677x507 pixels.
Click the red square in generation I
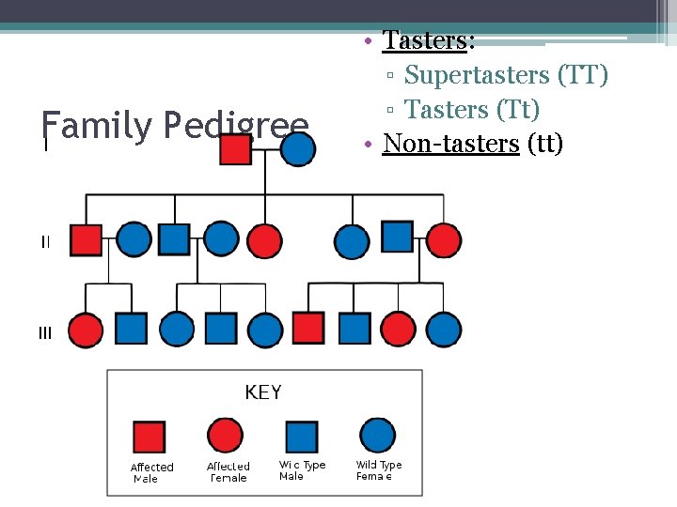click(235, 148)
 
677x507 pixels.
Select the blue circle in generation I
click(298, 148)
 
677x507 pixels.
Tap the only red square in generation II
click(86, 239)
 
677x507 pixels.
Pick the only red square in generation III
click(309, 329)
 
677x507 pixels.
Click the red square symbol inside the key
click(149, 437)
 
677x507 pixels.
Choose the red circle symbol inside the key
click(225, 436)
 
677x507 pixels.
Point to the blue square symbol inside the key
click(301, 437)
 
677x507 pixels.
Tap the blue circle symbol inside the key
click(377, 436)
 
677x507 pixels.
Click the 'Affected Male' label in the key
click(151, 472)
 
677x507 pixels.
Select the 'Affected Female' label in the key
click(228, 471)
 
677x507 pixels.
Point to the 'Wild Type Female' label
click(378, 470)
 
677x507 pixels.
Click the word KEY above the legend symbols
click(263, 392)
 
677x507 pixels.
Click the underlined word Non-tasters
click(451, 144)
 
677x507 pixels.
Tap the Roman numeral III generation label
click(45, 332)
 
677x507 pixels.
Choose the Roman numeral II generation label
click(45, 242)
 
